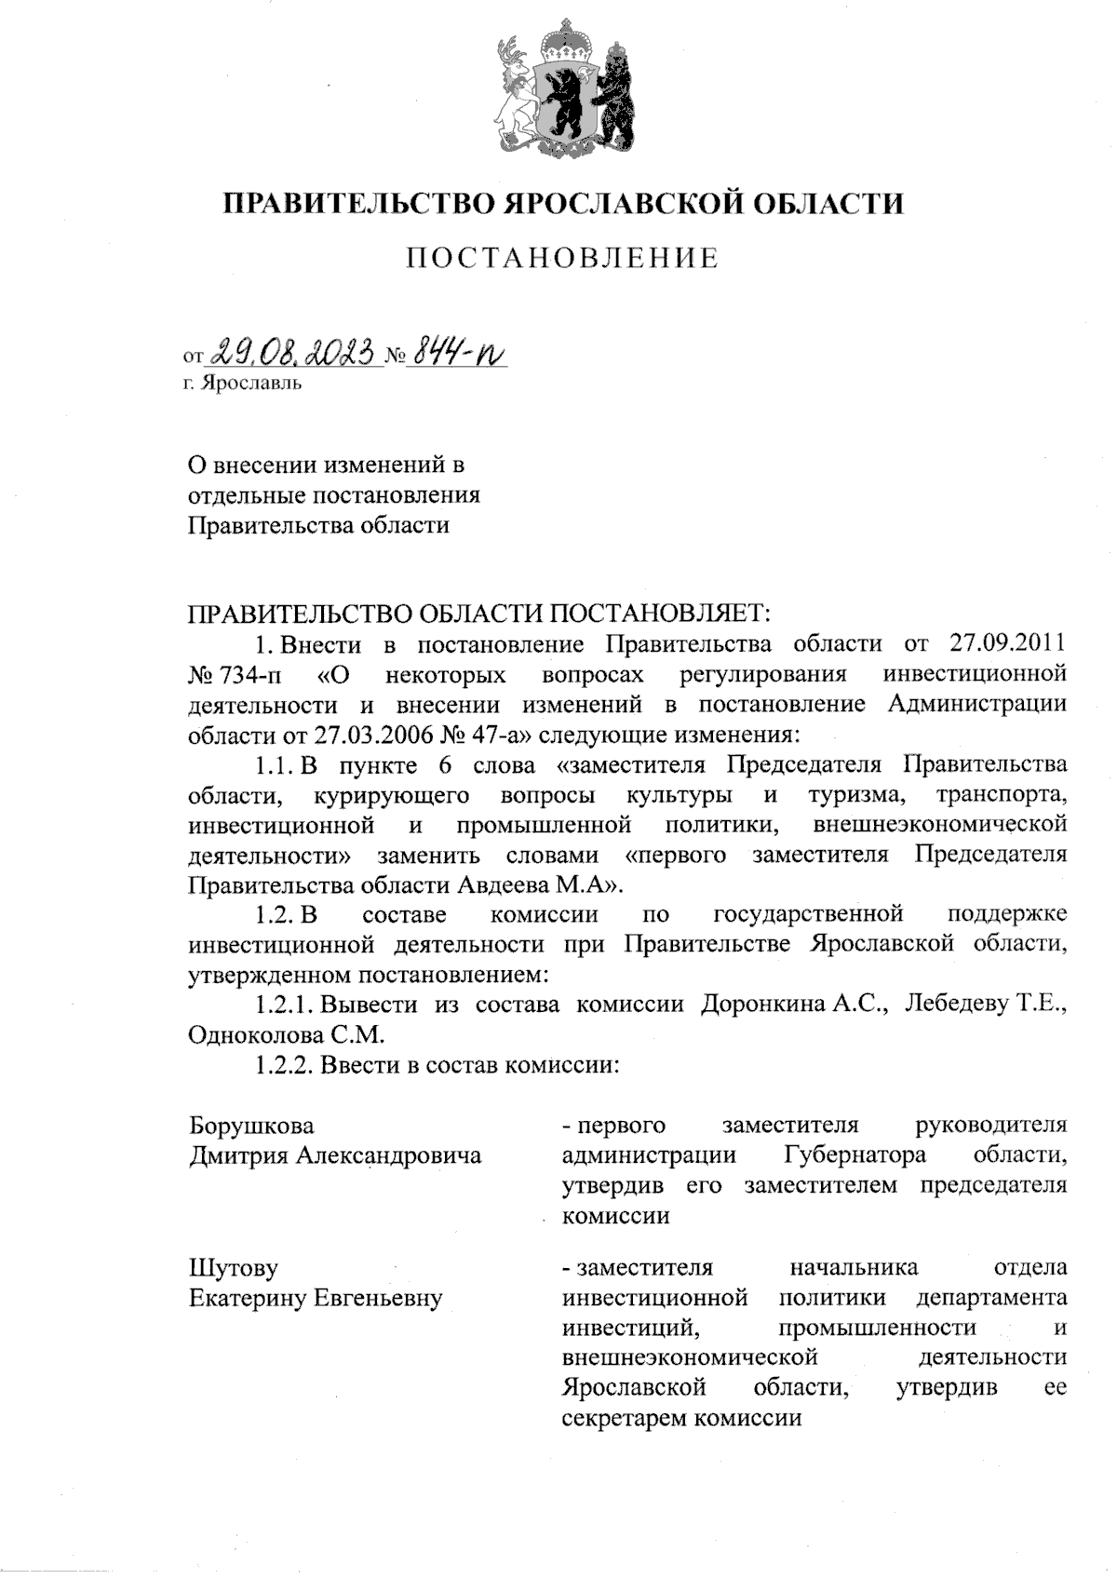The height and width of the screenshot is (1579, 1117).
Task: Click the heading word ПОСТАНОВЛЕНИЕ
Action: pos(562,258)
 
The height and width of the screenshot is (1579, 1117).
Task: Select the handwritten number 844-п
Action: pos(458,352)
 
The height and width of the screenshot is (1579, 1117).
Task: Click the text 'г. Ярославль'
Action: pos(242,383)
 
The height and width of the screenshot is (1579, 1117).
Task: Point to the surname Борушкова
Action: pos(251,1126)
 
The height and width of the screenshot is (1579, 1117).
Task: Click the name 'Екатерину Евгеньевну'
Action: pos(316,1298)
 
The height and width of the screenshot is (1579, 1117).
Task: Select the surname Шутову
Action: pos(233,1268)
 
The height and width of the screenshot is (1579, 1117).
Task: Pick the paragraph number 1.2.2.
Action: pos(284,1065)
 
